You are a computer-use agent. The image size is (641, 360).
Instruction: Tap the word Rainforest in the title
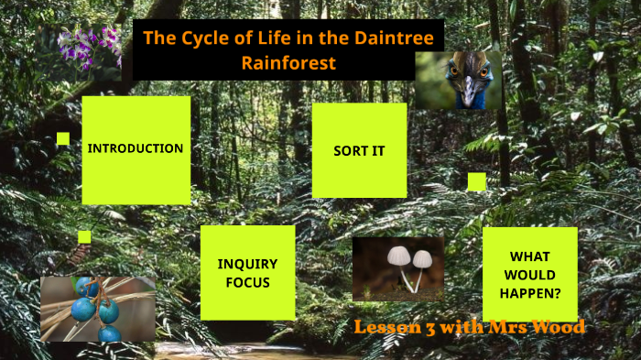pos(288,63)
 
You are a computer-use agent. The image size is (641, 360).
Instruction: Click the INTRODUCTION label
pos(136,148)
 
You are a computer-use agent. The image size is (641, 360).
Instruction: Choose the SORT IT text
pos(359,150)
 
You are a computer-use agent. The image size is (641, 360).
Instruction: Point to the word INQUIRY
pos(247,264)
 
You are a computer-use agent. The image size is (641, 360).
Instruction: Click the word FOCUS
pos(247,282)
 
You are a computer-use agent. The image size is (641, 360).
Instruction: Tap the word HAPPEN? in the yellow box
pos(530,292)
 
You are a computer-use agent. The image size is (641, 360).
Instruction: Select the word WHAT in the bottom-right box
pos(530,256)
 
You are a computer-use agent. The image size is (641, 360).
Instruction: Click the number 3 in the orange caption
pos(429,328)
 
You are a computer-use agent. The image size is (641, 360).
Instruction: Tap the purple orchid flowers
pos(89,46)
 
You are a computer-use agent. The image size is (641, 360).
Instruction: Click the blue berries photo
pos(97,309)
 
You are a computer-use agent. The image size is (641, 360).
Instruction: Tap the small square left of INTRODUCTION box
pos(63,138)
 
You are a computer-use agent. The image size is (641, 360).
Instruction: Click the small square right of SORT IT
pos(476,181)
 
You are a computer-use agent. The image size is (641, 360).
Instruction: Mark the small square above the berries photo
pos(84,236)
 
